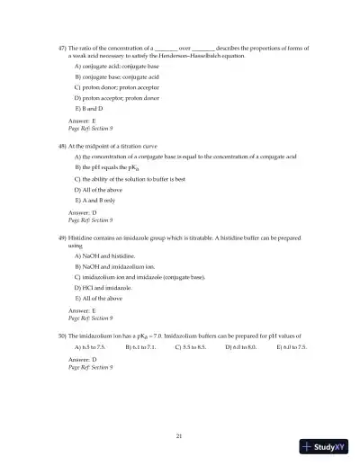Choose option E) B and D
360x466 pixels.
click(89, 107)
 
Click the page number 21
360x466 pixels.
click(180, 435)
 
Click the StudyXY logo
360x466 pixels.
click(327, 446)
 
